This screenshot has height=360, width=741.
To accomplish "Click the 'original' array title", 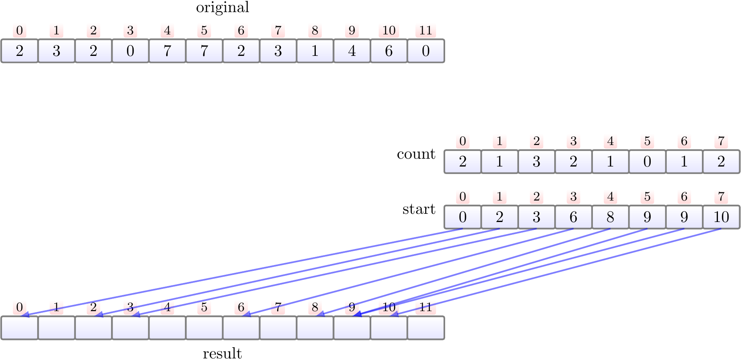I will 222,7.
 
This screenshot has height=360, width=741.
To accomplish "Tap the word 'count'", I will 416,154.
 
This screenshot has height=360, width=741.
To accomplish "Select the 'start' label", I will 419,209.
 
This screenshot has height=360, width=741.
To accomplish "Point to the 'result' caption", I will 222,353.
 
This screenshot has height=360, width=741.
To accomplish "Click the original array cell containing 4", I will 352,51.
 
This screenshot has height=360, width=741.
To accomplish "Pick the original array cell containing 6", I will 389,51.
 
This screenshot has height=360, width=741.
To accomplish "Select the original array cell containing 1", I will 315,51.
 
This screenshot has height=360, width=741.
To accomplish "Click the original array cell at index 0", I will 20,51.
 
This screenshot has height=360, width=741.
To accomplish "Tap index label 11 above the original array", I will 426,30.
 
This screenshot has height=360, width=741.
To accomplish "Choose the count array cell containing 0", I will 647,161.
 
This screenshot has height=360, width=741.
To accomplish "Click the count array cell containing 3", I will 537,161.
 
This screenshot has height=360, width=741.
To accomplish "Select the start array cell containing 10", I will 721,217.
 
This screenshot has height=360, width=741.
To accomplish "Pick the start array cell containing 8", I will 610,217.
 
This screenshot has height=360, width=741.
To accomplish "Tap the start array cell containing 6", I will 573,217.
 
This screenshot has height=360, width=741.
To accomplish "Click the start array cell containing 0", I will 463,217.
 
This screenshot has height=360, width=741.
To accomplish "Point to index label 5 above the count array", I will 647,141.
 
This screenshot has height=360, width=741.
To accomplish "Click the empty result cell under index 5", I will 204,328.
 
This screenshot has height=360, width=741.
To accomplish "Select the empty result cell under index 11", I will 426,328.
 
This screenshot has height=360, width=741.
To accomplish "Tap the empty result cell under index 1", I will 56,328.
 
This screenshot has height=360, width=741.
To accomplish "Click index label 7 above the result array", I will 278,307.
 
